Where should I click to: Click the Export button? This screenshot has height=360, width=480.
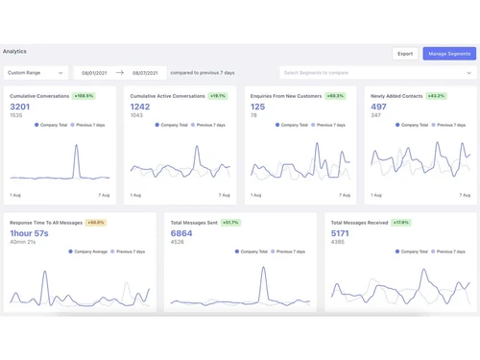(x=405, y=54)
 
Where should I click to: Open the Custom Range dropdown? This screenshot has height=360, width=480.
(x=36, y=72)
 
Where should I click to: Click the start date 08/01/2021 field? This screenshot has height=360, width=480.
(x=93, y=72)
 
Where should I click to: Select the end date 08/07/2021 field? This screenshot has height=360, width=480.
(x=144, y=72)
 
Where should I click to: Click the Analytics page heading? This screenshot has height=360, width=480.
(x=15, y=51)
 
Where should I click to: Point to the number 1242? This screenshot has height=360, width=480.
(x=141, y=107)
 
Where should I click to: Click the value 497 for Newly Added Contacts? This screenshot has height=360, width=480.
(x=377, y=107)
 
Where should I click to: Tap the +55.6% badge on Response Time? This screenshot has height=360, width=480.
(x=96, y=222)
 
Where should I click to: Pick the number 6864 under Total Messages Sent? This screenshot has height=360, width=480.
(x=181, y=233)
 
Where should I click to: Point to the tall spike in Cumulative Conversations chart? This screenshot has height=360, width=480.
(x=77, y=149)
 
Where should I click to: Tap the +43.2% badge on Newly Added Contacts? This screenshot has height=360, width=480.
(x=436, y=96)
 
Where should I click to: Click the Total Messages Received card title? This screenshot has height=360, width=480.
(x=360, y=222)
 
